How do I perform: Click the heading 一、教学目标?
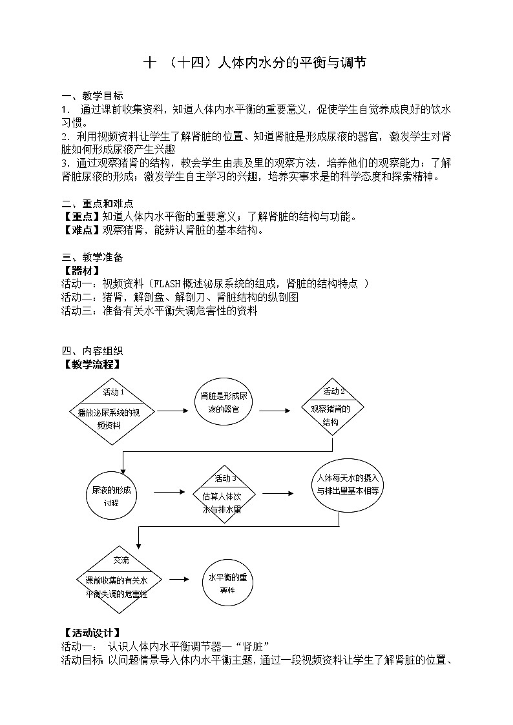92,96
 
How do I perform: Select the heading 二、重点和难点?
97,203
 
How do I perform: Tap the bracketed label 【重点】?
81,216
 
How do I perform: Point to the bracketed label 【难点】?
81,229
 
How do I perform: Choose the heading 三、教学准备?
92,258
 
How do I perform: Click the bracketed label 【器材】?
81,271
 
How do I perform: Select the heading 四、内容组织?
92,351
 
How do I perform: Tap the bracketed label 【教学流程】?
91,363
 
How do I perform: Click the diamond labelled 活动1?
114,411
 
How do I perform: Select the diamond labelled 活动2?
333,408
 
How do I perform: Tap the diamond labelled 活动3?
224,495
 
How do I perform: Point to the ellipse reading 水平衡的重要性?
228,582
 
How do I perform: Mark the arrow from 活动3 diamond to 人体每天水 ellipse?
277,493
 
